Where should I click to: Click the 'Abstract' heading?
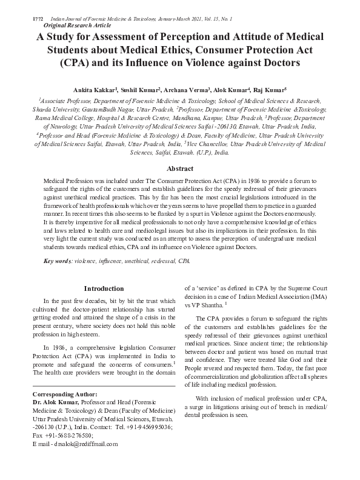[x=180, y=168]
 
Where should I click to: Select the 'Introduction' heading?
[x=104, y=288]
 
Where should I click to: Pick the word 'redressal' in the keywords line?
[x=152, y=261]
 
